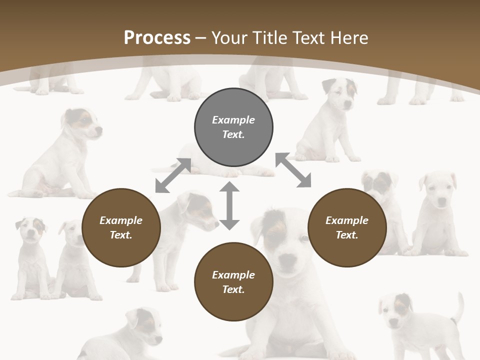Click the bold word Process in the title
pos(157,38)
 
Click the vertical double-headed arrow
pos(229,205)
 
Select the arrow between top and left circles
pos(173,175)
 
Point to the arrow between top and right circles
pos(293,170)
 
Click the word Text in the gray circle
pos(233,134)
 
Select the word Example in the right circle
pos(347,220)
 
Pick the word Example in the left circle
pos(121,220)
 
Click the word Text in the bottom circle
pos(233,289)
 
